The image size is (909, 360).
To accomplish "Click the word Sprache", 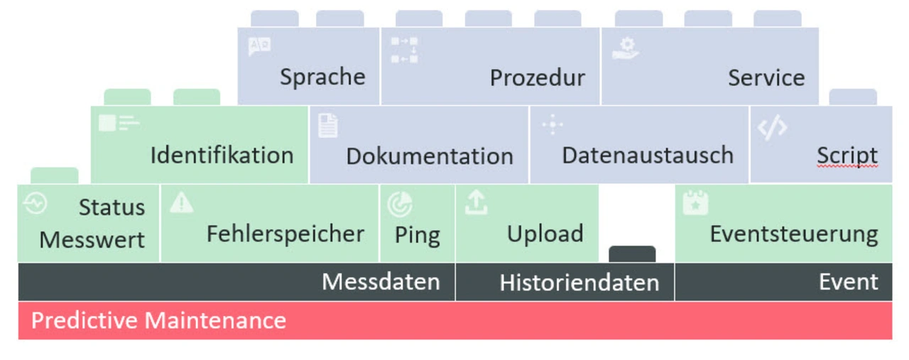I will click(322, 77).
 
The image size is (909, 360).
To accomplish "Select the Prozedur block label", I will click(538, 77).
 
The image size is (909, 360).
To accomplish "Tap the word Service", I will click(766, 77).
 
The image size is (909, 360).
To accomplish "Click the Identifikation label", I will click(222, 155).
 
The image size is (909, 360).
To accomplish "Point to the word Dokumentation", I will click(430, 156).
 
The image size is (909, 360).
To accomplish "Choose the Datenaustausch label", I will click(648, 155).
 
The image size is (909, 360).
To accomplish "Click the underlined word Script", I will click(847, 156).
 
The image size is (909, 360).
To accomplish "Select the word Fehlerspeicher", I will click(285, 233).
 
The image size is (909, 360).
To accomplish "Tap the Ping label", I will click(418, 235).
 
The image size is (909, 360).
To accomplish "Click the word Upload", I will click(545, 233).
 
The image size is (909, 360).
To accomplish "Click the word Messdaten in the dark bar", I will click(381, 282).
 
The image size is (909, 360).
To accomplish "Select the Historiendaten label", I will click(579, 283).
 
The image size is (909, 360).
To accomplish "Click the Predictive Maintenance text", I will click(158, 320).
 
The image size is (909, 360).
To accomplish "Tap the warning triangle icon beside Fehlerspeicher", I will click(182, 204).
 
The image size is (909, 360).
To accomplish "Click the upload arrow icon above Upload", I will click(476, 203).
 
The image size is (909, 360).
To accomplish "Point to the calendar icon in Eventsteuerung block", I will click(695, 203).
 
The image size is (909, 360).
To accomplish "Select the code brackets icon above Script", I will click(772, 128).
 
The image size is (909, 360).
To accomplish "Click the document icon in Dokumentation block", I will click(327, 126).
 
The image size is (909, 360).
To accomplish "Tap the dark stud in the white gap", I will click(632, 254).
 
